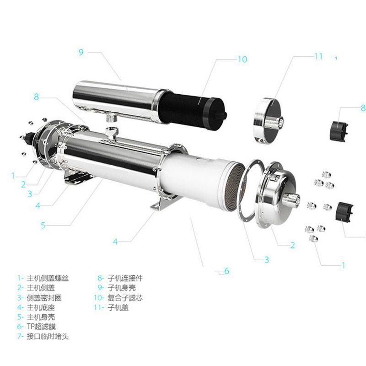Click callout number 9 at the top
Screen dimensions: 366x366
click(81, 52)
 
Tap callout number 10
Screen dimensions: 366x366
click(242, 59)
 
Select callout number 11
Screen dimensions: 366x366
click(318, 56)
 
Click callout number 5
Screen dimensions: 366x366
click(43, 225)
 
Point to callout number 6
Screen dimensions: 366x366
click(226, 271)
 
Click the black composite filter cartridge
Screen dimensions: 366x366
click(192, 108)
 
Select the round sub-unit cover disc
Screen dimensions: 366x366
click(269, 121)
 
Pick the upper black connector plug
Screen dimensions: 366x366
click(339, 131)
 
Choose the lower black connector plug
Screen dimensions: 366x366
click(344, 212)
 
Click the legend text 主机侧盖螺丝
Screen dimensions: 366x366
click(48, 278)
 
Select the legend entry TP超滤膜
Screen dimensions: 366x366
click(41, 327)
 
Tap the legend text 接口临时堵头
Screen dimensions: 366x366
click(48, 336)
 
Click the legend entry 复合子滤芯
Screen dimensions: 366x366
click(125, 298)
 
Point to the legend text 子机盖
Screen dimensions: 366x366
click(118, 307)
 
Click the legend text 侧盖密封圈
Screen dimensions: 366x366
click(44, 298)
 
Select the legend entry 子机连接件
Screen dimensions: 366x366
click(125, 278)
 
